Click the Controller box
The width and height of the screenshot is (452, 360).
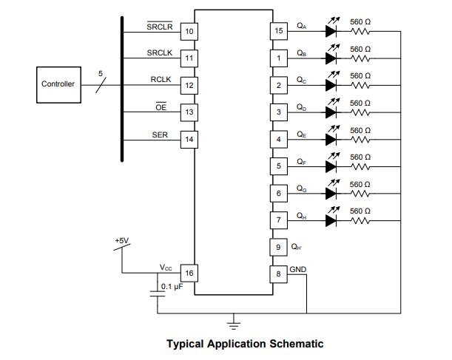(57, 84)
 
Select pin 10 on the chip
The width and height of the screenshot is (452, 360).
(189, 31)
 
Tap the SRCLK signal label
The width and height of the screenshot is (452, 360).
(159, 52)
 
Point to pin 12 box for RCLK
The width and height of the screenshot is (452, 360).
(189, 85)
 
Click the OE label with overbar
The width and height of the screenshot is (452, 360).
(161, 107)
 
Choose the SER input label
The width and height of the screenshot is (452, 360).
(160, 135)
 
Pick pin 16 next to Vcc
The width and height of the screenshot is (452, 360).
(189, 274)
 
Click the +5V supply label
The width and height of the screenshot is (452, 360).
(121, 241)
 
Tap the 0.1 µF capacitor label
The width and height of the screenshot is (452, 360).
(172, 286)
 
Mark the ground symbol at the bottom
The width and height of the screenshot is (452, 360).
(235, 322)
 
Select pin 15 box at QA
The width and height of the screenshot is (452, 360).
(279, 31)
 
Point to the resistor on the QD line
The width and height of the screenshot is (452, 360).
(360, 112)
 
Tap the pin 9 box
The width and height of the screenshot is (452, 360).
(279, 247)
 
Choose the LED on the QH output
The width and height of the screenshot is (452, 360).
(332, 220)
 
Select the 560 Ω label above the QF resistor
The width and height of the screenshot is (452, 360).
(360, 157)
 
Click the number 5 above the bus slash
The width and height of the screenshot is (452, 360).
(101, 72)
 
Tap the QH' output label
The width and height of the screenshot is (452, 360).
(298, 247)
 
